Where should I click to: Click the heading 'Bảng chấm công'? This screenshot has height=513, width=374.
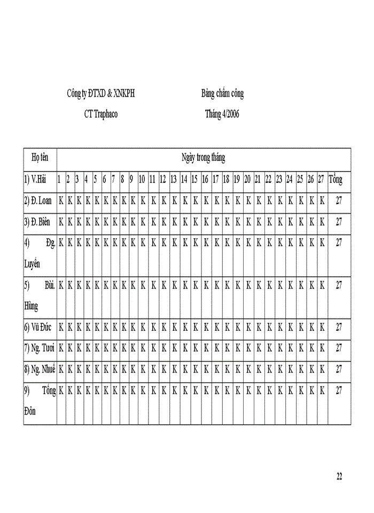[x=222, y=94]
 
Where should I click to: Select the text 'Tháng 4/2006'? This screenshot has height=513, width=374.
[x=222, y=114]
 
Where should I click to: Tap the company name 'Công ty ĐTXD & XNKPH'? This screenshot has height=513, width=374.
[x=100, y=94]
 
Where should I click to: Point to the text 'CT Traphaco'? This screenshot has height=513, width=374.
[x=101, y=114]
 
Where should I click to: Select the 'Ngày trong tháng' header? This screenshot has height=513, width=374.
[x=203, y=158]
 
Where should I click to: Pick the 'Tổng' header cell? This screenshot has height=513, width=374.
[x=336, y=180]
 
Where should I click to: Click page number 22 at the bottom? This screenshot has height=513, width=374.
[x=339, y=477]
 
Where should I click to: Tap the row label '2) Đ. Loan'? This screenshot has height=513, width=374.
[x=38, y=201]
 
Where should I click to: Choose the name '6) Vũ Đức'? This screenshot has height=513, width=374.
[x=38, y=328]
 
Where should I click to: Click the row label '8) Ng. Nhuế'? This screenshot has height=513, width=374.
[x=40, y=369]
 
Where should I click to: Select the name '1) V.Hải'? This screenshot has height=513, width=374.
[x=35, y=180]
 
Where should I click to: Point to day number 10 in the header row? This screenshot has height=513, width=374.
[x=142, y=180]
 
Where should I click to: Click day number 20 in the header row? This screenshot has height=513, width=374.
[x=247, y=180]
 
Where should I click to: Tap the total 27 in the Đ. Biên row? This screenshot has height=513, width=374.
[x=339, y=222]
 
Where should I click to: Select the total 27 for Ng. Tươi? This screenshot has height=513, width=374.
[x=339, y=348]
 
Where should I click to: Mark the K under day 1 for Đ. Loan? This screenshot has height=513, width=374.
[x=61, y=201]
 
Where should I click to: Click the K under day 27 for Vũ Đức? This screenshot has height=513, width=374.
[x=322, y=328]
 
